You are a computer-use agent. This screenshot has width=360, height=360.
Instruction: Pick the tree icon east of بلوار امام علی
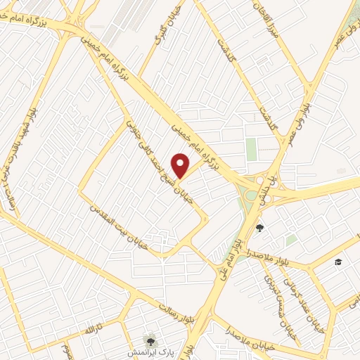259,227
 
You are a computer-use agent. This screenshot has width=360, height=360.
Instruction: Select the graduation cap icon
338,262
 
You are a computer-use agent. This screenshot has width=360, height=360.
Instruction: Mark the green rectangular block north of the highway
251,148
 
